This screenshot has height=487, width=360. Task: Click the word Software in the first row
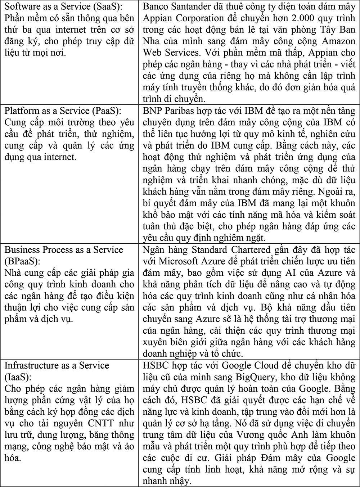(x=18, y=6)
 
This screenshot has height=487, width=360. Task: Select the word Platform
(x=18, y=111)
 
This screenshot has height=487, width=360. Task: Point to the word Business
(x=19, y=250)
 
